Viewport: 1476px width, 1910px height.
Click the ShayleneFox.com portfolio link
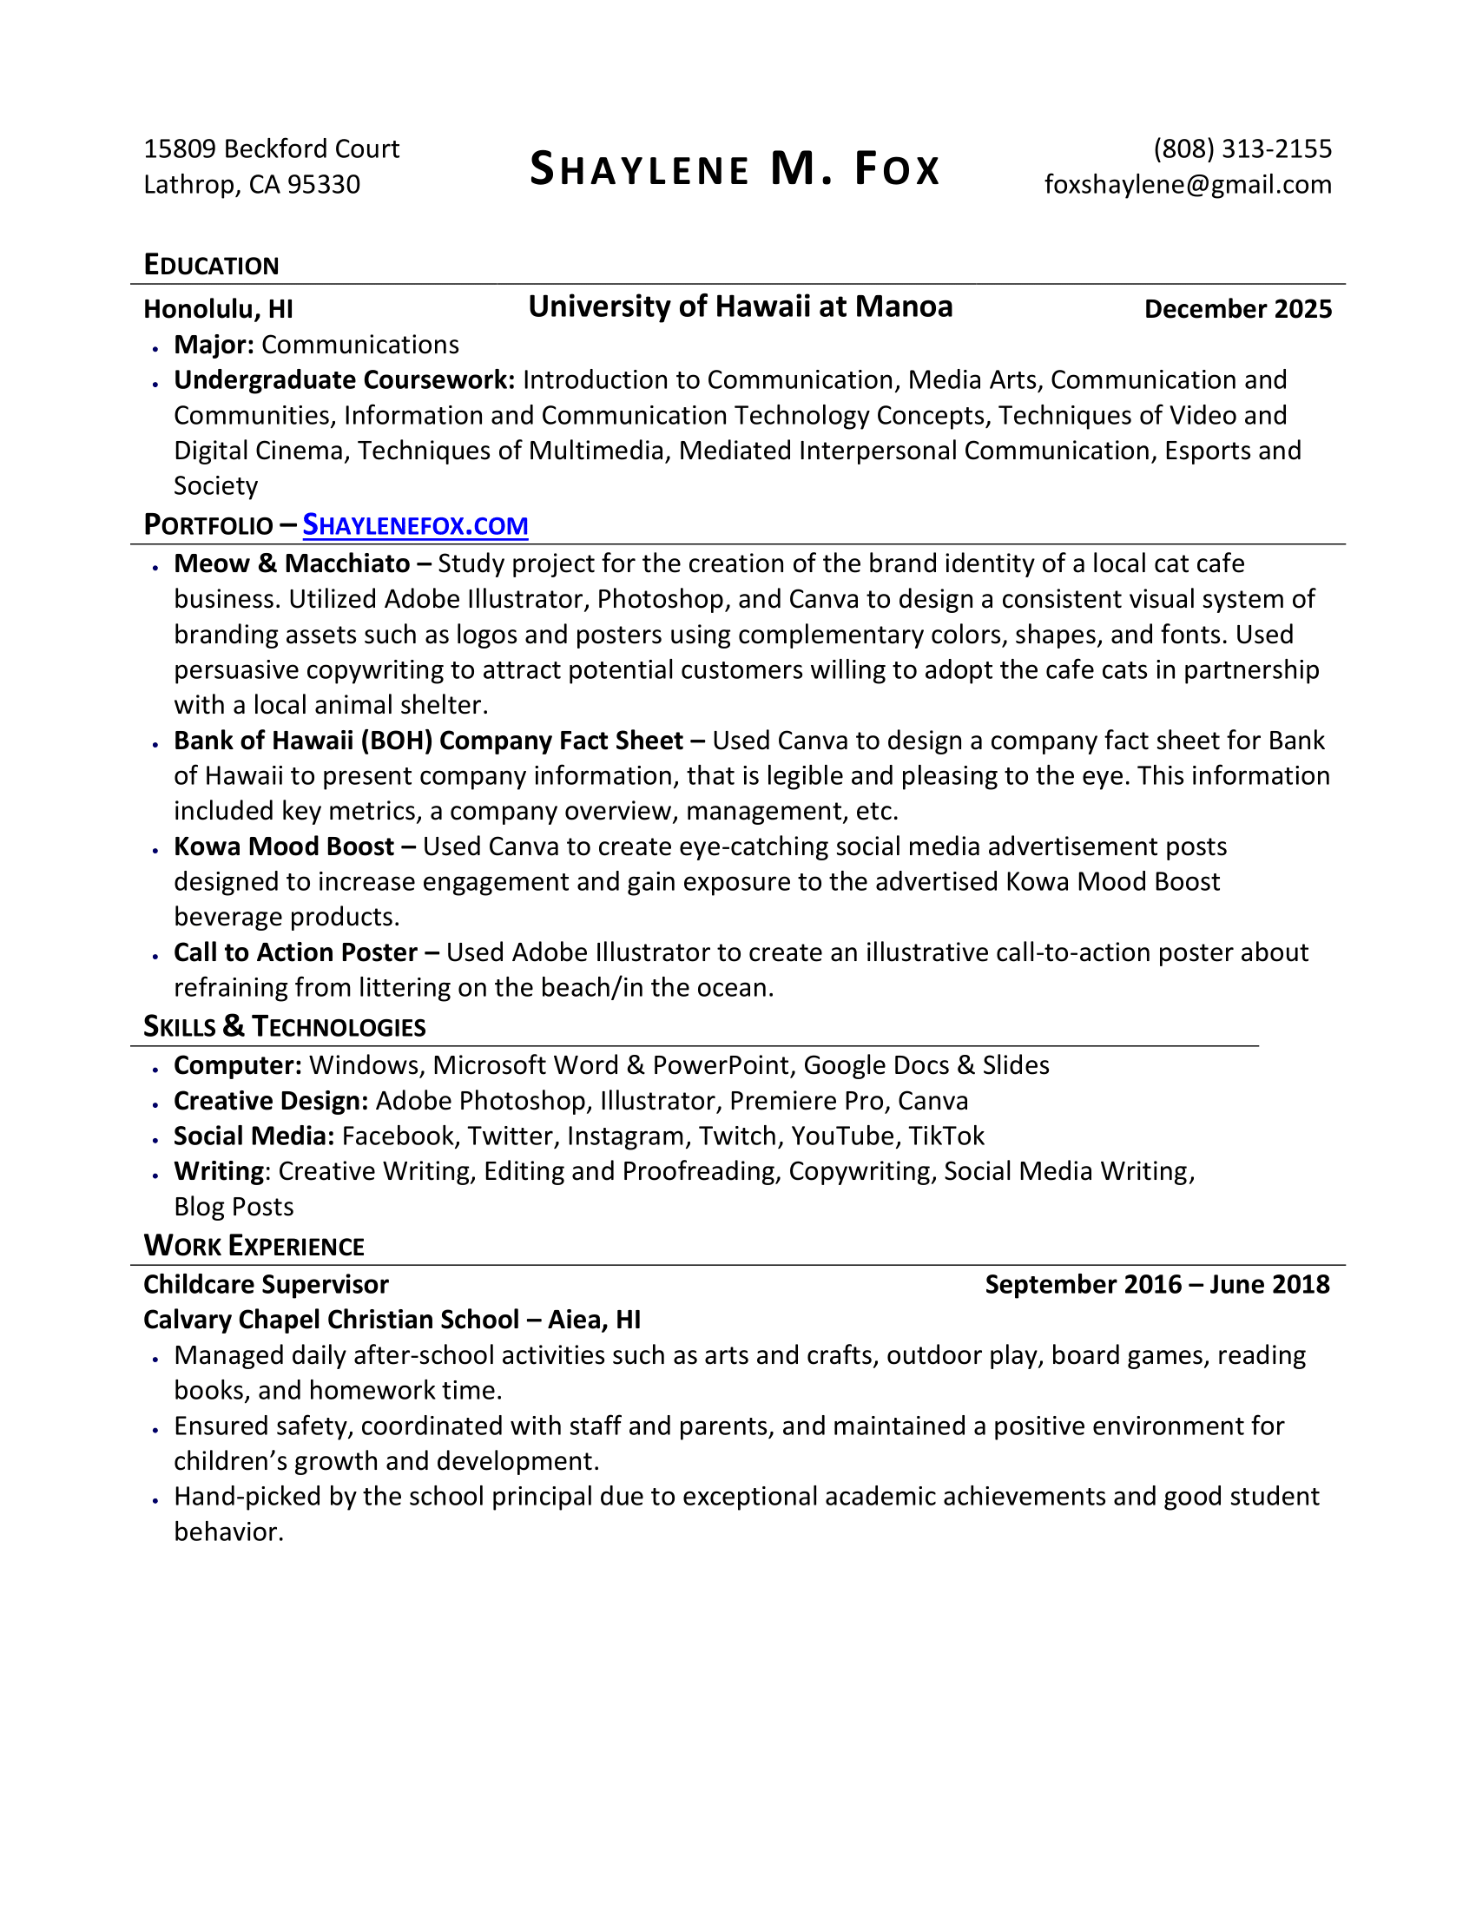click(x=415, y=525)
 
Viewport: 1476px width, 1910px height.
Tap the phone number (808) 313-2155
click(x=1242, y=148)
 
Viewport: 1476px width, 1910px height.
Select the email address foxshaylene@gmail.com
click(x=1188, y=185)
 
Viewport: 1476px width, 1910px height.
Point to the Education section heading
click(x=211, y=265)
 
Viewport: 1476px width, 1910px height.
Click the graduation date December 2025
click(x=1237, y=309)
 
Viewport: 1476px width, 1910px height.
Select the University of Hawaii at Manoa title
click(x=740, y=307)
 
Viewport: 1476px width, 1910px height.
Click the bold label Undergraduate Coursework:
click(x=345, y=379)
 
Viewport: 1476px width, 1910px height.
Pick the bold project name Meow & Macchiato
click(x=292, y=563)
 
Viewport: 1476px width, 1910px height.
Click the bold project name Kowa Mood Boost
click(x=284, y=846)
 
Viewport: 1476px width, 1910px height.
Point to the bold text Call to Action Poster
click(x=295, y=952)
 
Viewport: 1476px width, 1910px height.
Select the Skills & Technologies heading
click(x=284, y=1027)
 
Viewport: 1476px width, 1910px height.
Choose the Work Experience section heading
click(x=254, y=1245)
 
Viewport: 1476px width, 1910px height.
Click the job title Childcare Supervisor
click(x=266, y=1285)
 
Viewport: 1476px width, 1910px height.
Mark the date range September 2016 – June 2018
click(x=1156, y=1285)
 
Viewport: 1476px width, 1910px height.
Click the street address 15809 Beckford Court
click(x=271, y=148)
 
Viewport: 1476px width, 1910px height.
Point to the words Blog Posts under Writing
click(x=234, y=1207)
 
